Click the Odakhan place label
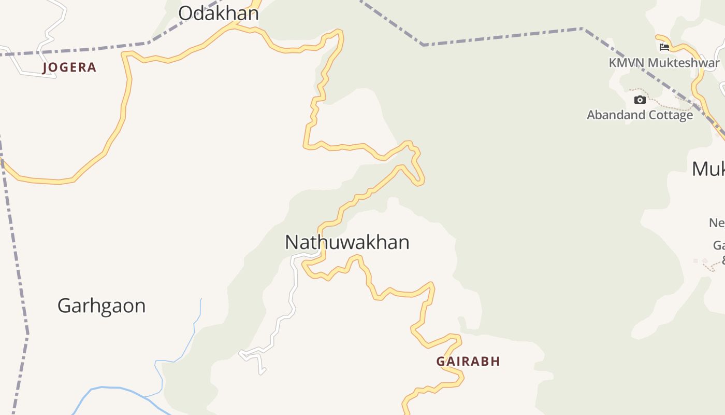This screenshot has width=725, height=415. pyautogui.click(x=218, y=13)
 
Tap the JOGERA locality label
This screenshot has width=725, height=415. pyautogui.click(x=69, y=67)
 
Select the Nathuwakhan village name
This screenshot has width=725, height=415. pyautogui.click(x=347, y=242)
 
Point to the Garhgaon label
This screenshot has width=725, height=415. pyautogui.click(x=102, y=306)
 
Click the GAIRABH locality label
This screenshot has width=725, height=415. pyautogui.click(x=468, y=362)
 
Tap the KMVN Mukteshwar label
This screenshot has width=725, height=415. pyautogui.click(x=664, y=63)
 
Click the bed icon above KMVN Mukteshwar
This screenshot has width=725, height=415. pyautogui.click(x=664, y=47)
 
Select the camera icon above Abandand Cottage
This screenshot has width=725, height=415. pyautogui.click(x=640, y=100)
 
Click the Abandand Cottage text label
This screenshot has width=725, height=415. pyautogui.click(x=640, y=115)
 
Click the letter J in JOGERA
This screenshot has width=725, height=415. pyautogui.click(x=45, y=67)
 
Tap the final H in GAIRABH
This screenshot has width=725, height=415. pyautogui.click(x=496, y=362)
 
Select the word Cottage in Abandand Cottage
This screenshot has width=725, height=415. pyautogui.click(x=671, y=115)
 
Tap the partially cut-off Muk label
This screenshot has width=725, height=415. pyautogui.click(x=708, y=169)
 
